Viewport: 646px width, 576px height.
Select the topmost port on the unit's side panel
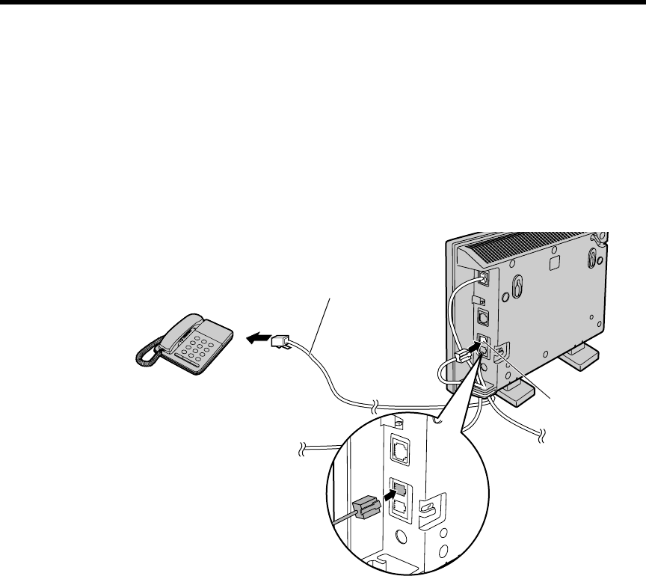[483, 278]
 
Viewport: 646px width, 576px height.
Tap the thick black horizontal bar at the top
[323, 2]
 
